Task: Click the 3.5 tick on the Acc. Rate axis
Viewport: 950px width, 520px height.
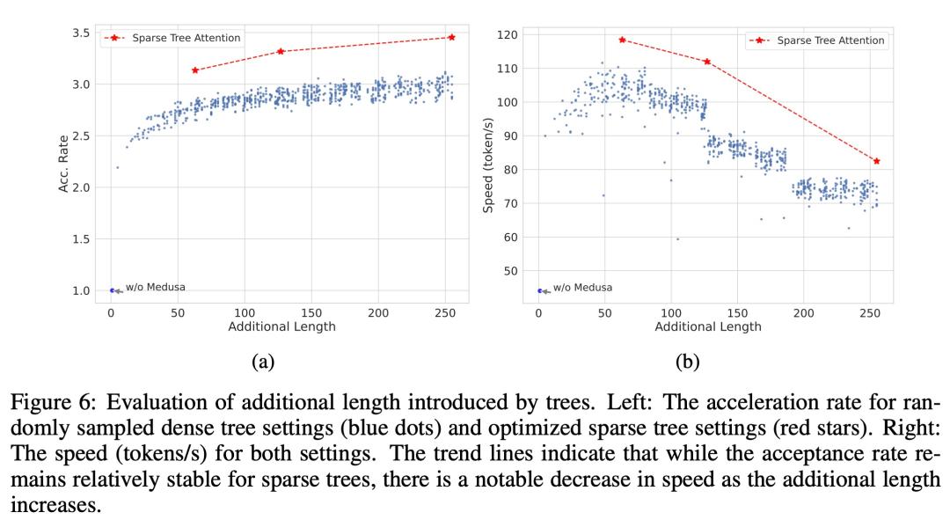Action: [80, 33]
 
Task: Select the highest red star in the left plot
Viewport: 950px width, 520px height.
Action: [451, 37]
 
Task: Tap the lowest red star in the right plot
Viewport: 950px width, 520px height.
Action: [876, 161]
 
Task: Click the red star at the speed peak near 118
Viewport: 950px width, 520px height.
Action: [622, 40]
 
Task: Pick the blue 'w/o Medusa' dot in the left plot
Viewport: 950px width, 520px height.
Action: [112, 290]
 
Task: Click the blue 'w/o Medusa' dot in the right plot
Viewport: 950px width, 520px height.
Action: [539, 290]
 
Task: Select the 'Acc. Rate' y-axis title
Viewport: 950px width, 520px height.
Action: [63, 164]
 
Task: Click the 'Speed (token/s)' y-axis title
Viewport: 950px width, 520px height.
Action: [488, 164]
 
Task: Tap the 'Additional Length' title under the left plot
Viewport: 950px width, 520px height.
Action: [281, 327]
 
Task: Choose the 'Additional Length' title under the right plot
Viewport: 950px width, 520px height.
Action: [708, 327]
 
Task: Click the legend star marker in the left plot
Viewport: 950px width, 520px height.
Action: [114, 38]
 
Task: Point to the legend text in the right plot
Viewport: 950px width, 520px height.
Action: [830, 40]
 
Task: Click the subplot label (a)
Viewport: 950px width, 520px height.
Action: [262, 361]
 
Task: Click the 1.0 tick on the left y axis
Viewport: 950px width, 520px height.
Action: [80, 290]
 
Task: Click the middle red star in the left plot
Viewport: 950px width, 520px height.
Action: [281, 51]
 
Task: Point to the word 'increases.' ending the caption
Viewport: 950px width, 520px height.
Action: [55, 509]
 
